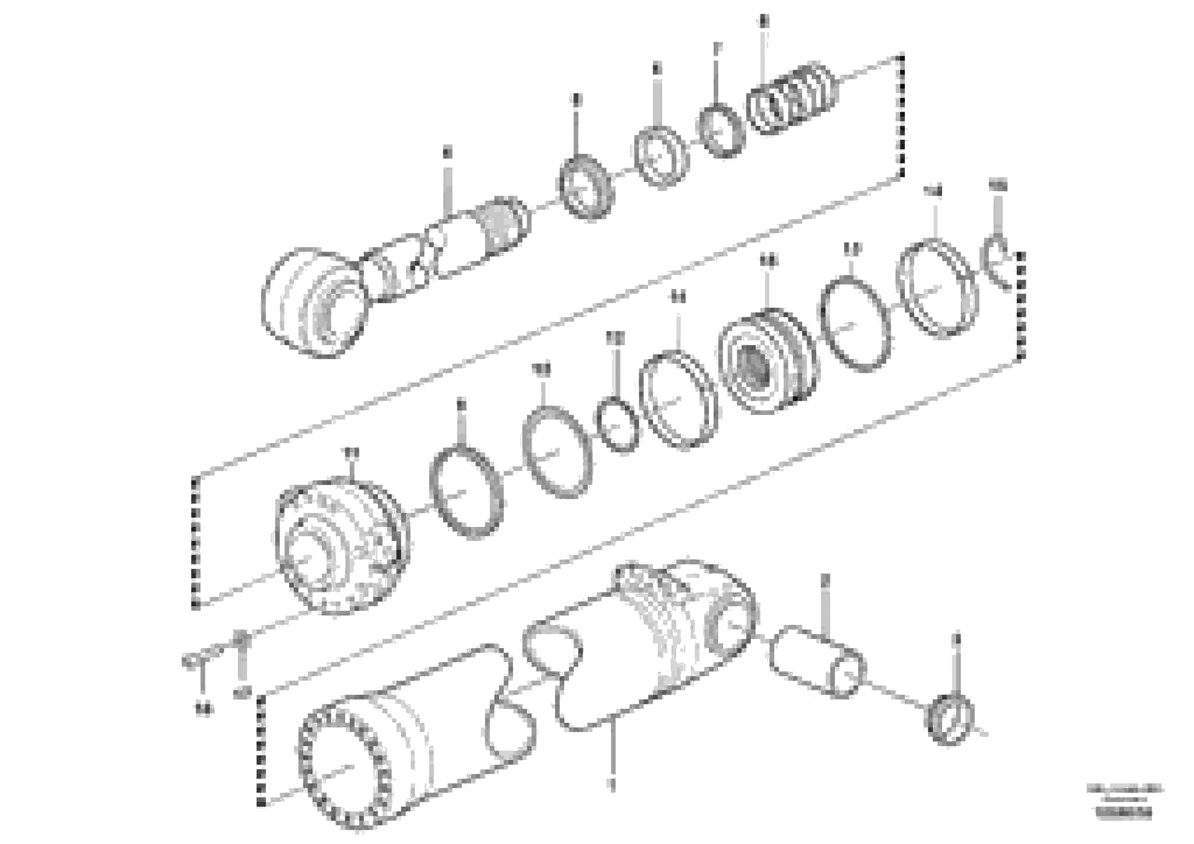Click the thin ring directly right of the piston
tap(855, 325)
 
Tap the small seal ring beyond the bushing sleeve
tap(951, 720)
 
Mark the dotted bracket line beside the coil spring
tap(902, 114)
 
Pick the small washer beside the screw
tap(240, 637)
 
